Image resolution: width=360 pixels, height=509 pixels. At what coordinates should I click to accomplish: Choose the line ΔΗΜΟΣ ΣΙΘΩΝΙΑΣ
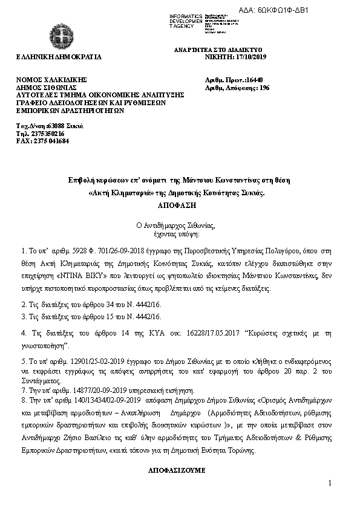47,88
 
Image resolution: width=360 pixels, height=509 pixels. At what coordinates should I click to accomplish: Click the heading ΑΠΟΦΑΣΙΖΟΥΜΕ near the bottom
179,469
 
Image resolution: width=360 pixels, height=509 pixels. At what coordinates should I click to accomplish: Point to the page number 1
331,483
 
